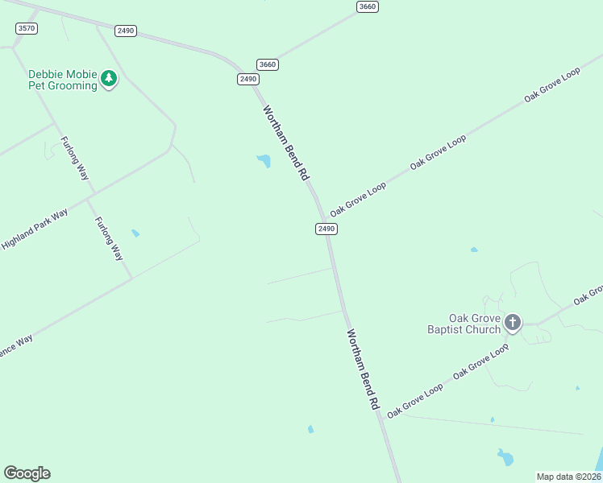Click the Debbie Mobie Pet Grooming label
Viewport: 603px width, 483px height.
click(62, 80)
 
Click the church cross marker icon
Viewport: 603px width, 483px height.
click(512, 324)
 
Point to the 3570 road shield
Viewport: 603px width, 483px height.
click(27, 28)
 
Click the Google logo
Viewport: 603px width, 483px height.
click(27, 473)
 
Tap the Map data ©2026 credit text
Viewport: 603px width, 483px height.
click(568, 477)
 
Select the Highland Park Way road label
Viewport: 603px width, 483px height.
click(35, 228)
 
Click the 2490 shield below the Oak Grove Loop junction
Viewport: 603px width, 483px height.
click(326, 229)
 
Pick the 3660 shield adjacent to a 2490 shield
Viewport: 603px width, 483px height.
click(268, 64)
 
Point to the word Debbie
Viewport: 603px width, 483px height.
click(46, 74)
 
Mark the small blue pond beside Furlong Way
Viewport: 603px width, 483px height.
click(135, 233)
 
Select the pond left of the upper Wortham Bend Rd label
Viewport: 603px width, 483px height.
click(264, 161)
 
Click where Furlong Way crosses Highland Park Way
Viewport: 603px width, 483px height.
click(91, 194)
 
